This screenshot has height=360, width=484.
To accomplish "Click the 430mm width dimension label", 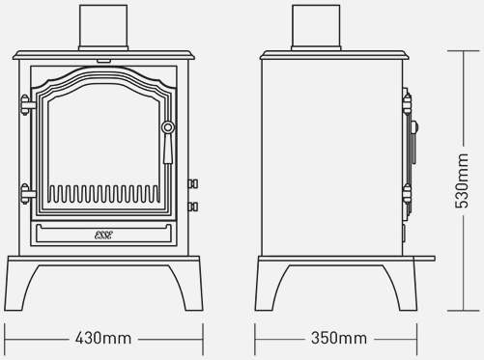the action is point(103,339).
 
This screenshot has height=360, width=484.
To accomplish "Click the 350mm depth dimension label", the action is point(339,338).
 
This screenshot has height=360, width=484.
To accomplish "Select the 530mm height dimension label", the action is point(462,180).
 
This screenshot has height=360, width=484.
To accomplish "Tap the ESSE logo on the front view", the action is point(103,235).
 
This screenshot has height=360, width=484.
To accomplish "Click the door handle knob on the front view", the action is point(168,127).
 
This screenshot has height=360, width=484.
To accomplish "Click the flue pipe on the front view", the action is point(103,28).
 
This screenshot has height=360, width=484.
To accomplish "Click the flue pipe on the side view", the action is point(316,28).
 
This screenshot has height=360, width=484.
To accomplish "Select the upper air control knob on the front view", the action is point(193,183).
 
